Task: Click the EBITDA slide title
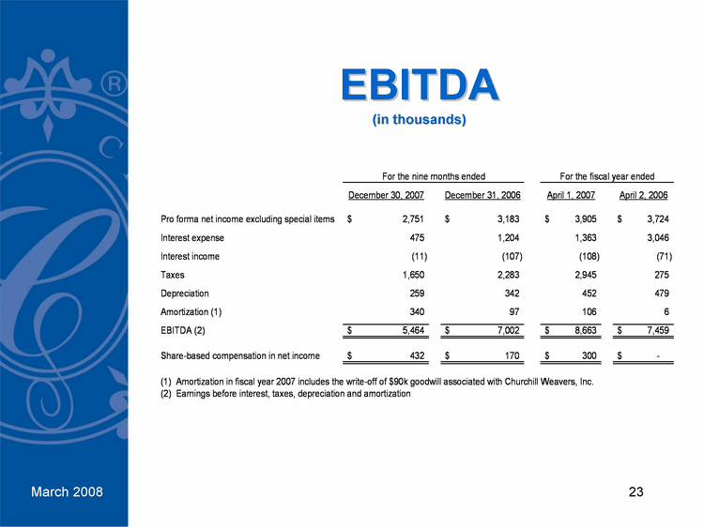(x=419, y=85)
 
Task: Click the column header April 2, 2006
(x=644, y=195)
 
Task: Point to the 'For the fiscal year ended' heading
(x=606, y=176)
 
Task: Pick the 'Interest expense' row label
(x=192, y=238)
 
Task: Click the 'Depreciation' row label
(x=185, y=293)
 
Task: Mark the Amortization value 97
(x=514, y=310)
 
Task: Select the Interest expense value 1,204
(x=506, y=238)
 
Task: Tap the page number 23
(x=636, y=492)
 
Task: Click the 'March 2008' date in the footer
(x=67, y=492)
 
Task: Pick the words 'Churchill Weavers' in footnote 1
(x=529, y=383)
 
